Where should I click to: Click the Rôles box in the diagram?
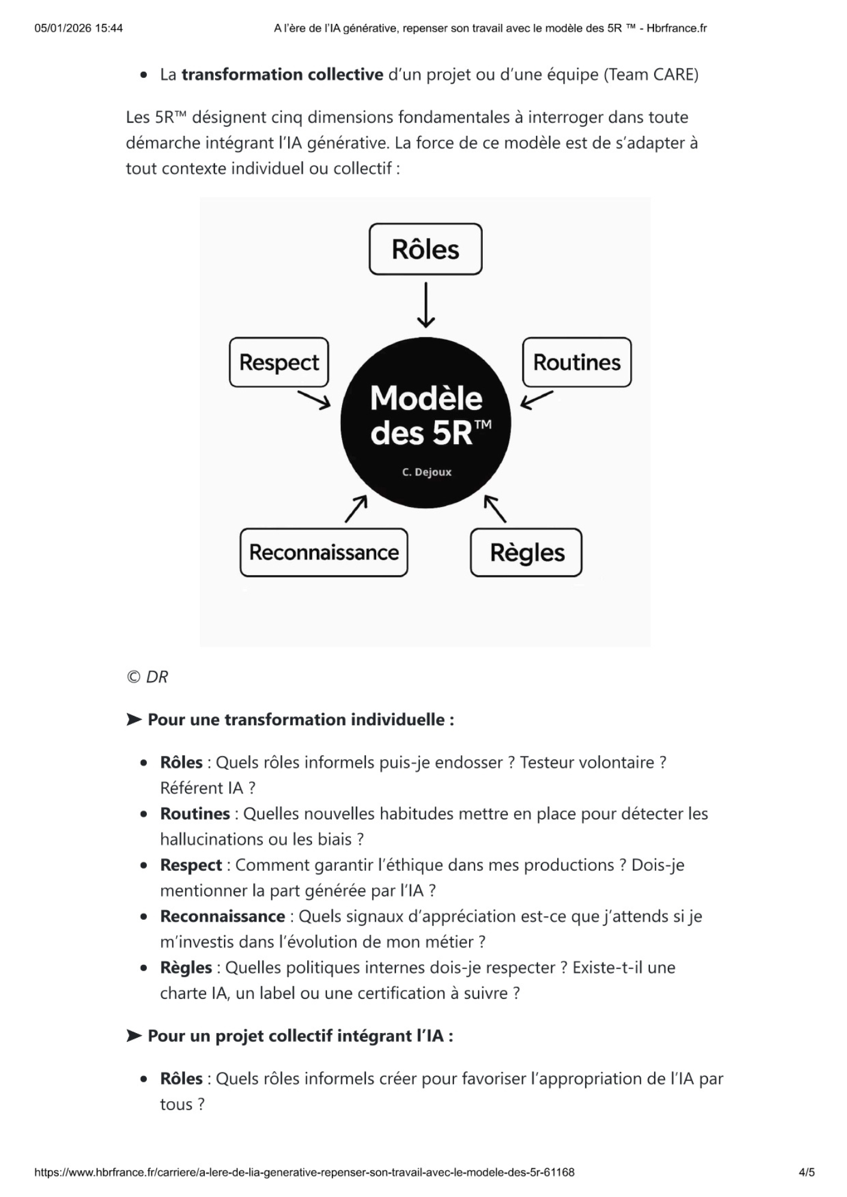click(x=425, y=250)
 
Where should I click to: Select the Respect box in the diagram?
click(x=279, y=363)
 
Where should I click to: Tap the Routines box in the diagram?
click(x=576, y=363)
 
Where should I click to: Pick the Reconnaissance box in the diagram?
click(x=323, y=552)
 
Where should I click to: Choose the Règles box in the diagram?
click(x=527, y=553)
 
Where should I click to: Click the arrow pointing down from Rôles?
click(x=425, y=305)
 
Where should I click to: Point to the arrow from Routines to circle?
click(x=537, y=400)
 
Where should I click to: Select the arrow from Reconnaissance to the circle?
click(x=356, y=509)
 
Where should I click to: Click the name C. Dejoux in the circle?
click(x=426, y=472)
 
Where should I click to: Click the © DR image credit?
click(x=147, y=677)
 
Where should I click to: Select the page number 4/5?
click(x=806, y=1172)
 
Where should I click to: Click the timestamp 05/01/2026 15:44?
click(x=78, y=28)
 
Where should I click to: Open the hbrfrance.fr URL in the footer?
click(x=304, y=1172)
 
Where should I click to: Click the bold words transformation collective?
click(x=282, y=75)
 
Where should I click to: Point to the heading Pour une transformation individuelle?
click(x=300, y=719)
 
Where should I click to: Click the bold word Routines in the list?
click(x=195, y=814)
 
